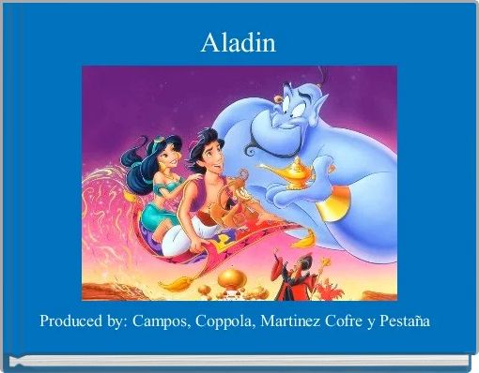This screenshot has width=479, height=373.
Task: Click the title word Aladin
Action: [x=239, y=43]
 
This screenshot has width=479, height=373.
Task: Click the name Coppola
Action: [x=224, y=321]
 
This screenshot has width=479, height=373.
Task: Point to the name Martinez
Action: [x=290, y=321]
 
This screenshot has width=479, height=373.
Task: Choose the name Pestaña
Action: [x=404, y=321]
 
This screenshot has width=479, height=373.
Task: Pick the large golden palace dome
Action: [x=231, y=278]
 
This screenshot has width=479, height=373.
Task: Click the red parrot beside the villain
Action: [x=329, y=288]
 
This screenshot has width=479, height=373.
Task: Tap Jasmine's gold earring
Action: [x=163, y=166]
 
